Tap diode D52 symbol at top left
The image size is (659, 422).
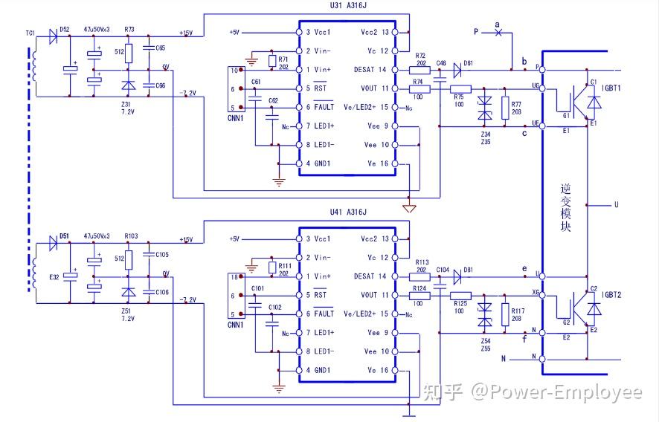click(x=53, y=34)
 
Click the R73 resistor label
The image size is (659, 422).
click(x=130, y=30)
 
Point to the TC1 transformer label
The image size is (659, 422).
click(x=30, y=33)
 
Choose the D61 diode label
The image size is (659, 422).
click(x=469, y=63)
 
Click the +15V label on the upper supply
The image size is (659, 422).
click(x=186, y=33)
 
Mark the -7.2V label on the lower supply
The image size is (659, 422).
click(x=187, y=299)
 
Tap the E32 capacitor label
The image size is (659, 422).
click(x=54, y=276)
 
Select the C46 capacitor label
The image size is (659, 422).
click(x=442, y=63)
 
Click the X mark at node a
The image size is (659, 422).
click(x=498, y=32)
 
